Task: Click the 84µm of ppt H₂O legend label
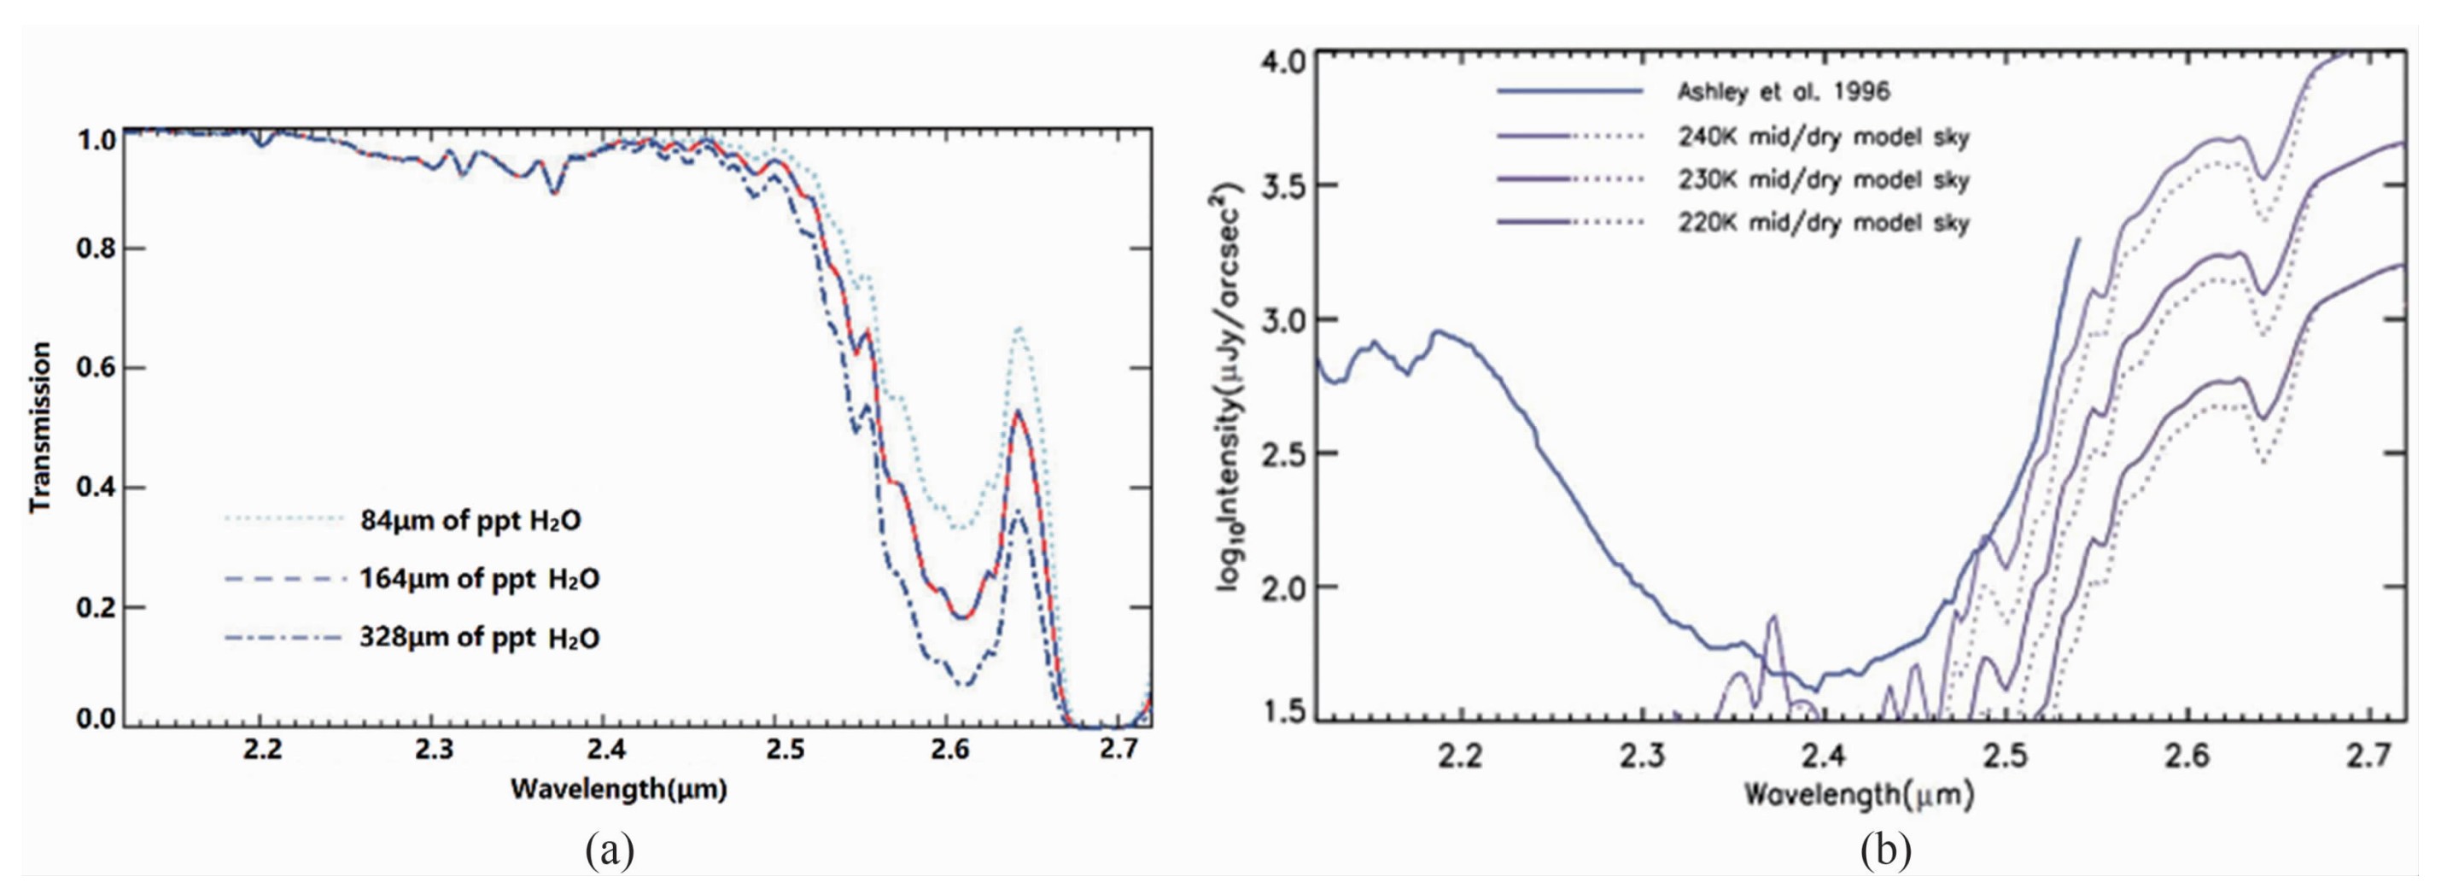point(470,521)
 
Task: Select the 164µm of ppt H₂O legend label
point(479,579)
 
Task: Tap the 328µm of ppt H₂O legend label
point(479,637)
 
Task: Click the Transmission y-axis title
point(40,429)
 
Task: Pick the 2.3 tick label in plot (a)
point(435,751)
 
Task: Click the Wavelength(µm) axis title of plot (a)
point(618,789)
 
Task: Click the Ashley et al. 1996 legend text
point(1783,92)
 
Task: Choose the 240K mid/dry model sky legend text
point(1823,137)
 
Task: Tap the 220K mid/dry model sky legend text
point(1823,224)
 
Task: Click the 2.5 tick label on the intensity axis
point(1282,453)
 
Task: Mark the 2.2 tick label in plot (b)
point(1461,757)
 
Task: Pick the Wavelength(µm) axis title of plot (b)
point(1858,794)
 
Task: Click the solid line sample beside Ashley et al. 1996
point(1570,92)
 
